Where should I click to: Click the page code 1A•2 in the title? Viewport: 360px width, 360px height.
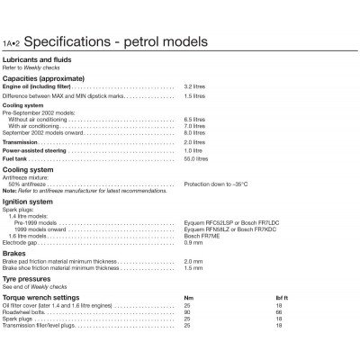[15, 43]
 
